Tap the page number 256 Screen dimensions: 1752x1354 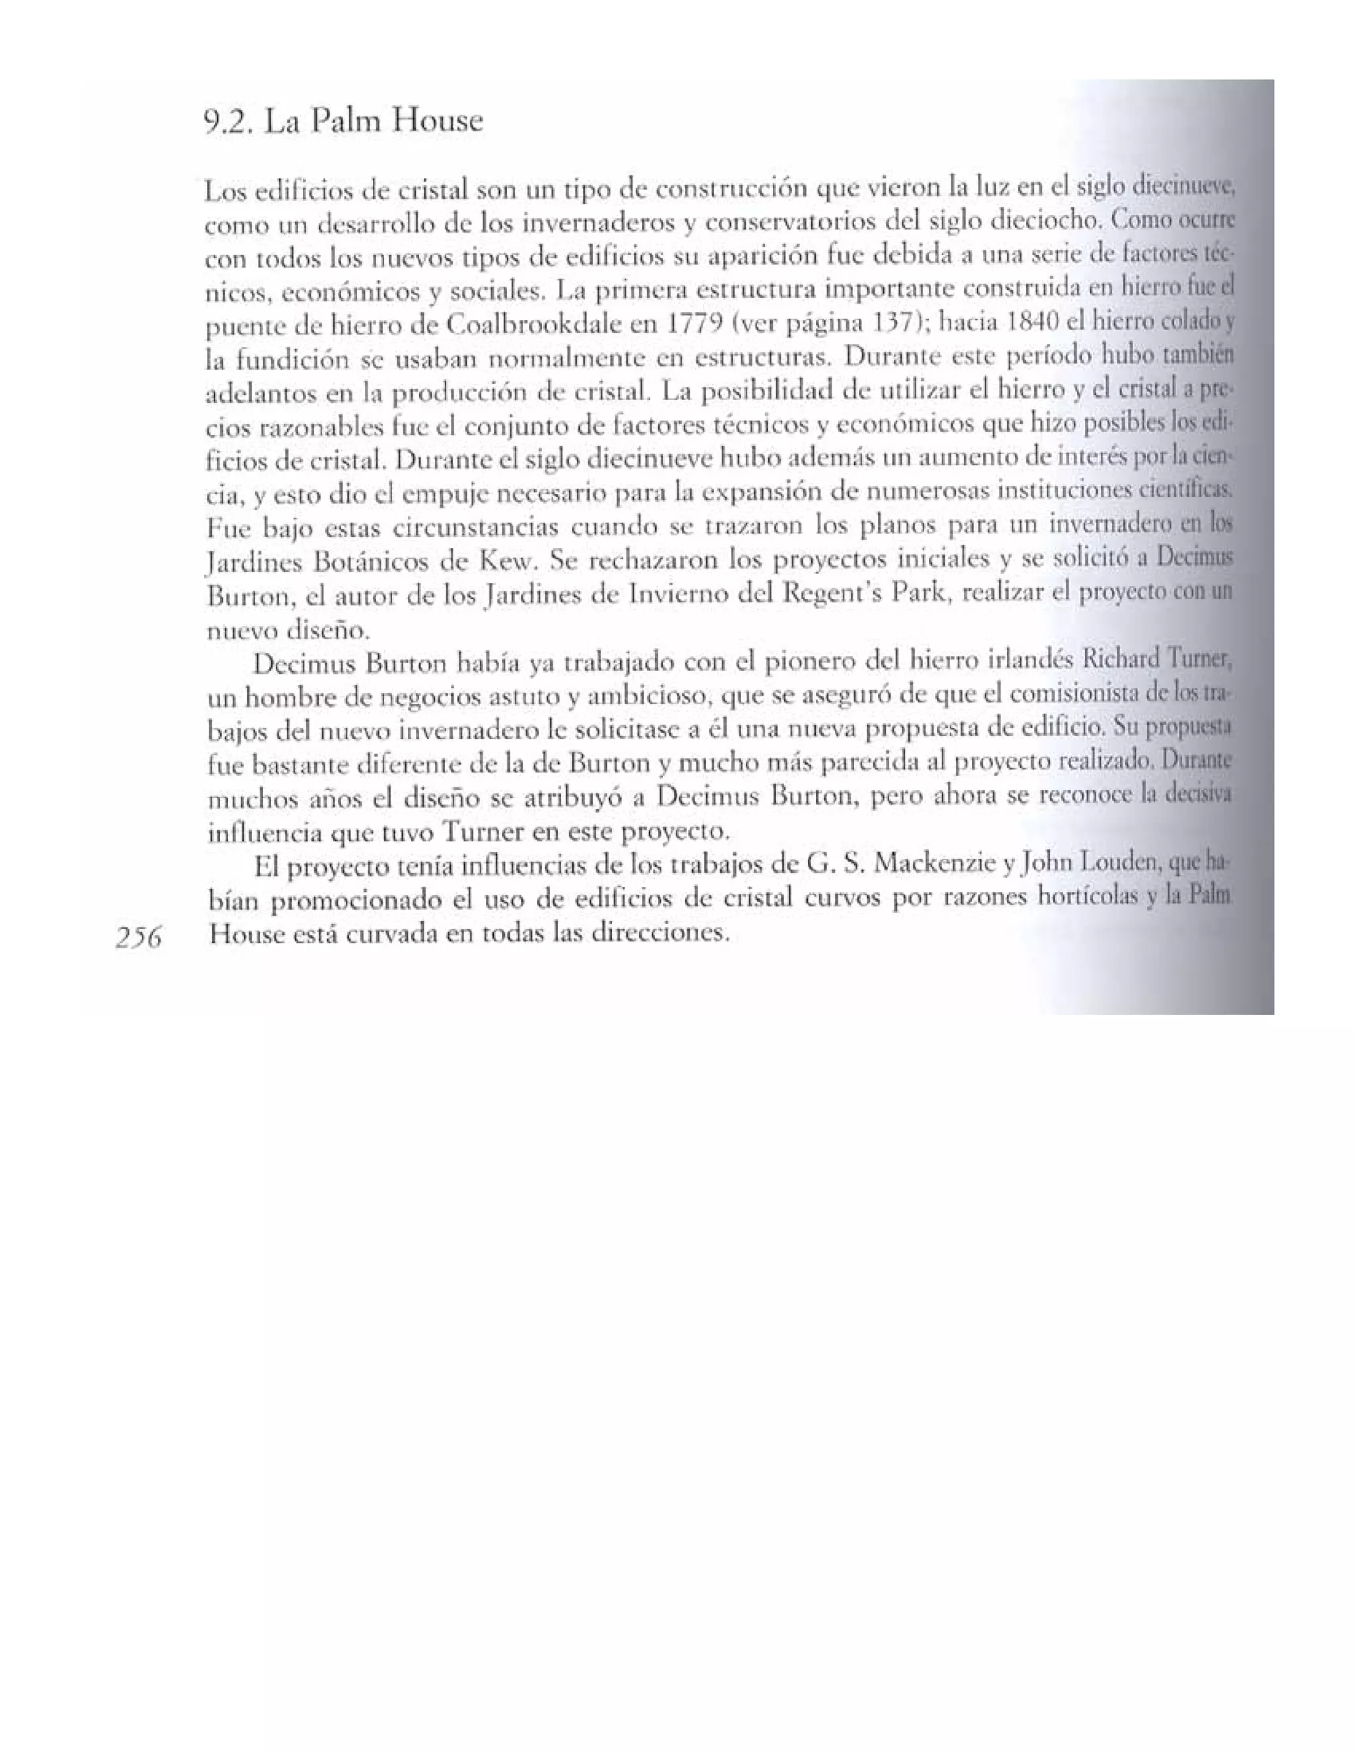point(139,937)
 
